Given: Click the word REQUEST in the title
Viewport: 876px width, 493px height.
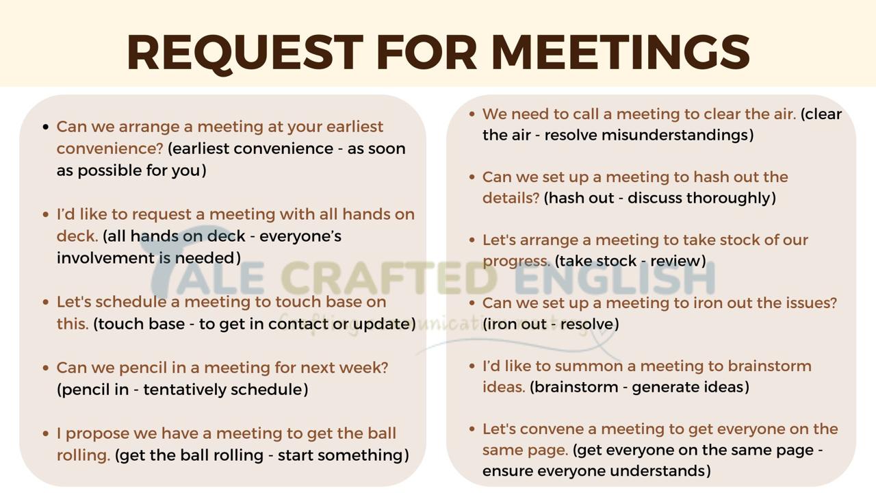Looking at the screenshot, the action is pos(245,53).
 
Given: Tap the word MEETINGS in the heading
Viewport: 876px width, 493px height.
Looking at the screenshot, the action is pos(620,53).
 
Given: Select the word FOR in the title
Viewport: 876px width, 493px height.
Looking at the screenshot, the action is pos(427,53).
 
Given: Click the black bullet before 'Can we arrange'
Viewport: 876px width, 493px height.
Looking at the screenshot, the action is pos(46,127).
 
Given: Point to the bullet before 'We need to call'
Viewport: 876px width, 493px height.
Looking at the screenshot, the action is pos(472,114).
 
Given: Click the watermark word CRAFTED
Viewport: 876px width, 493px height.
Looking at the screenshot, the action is pos(389,278).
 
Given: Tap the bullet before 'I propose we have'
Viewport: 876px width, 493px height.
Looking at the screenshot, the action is pos(46,433).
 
